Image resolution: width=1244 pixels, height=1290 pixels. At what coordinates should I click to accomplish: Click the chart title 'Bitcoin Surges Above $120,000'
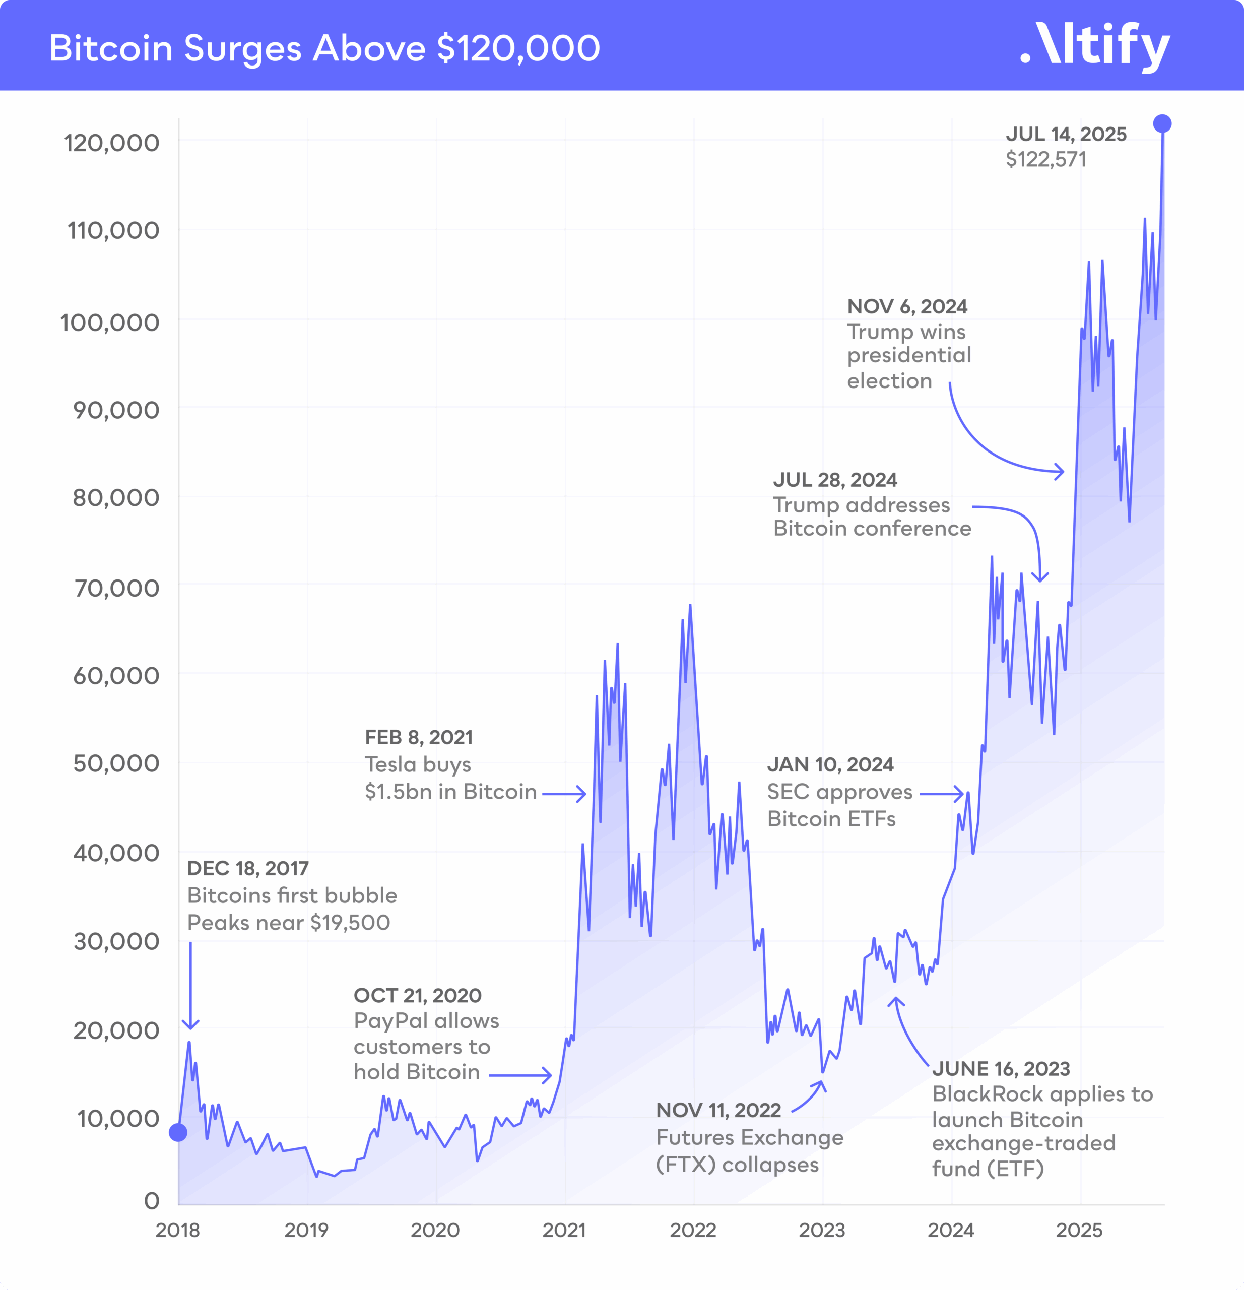324,48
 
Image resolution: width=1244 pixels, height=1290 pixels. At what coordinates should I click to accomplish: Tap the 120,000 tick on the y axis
111,143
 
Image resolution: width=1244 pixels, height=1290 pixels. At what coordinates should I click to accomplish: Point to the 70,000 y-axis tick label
116,587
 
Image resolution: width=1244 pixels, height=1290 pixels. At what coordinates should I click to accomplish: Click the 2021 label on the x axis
564,1230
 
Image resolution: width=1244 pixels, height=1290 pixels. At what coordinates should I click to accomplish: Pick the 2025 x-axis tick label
1079,1230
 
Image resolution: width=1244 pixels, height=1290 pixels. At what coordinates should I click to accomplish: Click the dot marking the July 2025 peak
1162,123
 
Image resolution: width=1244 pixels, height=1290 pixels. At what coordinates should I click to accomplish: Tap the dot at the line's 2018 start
178,1132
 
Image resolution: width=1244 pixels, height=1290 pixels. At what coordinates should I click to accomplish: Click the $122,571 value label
1046,159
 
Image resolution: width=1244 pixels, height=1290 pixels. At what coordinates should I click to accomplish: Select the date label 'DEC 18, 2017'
247,868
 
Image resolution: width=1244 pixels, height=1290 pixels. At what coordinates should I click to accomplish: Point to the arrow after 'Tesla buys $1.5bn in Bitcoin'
564,794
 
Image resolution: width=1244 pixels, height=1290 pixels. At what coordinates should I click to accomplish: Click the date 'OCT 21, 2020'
417,995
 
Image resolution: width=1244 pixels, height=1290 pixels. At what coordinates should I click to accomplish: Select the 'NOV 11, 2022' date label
718,1110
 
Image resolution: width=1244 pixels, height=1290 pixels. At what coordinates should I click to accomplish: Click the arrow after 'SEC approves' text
942,794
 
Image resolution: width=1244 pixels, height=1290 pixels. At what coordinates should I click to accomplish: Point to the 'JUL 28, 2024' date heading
834,480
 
